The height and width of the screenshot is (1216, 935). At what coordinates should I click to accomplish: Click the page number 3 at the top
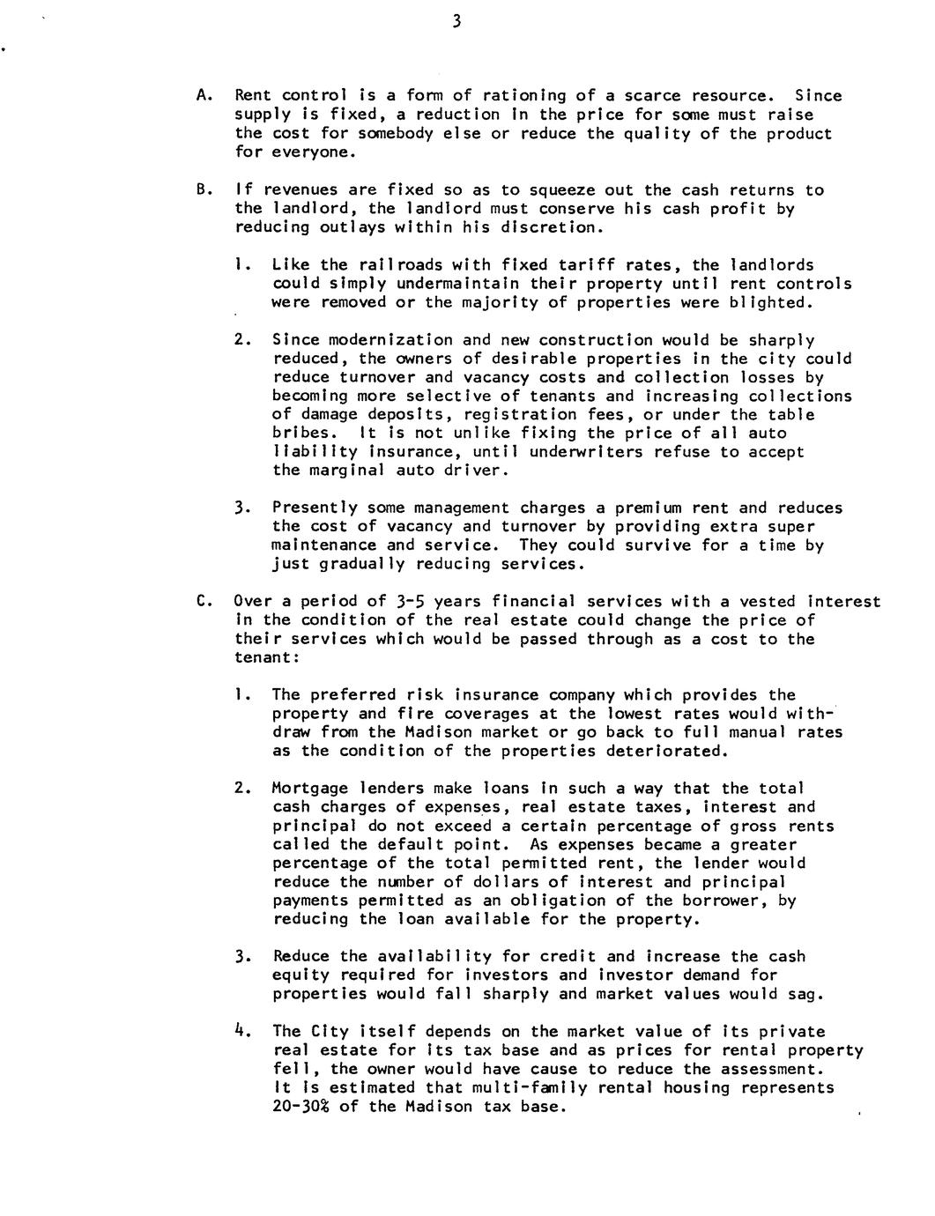[456, 22]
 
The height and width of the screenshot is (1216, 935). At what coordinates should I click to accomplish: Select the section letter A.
[202, 95]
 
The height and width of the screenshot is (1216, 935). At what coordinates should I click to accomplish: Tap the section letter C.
[202, 602]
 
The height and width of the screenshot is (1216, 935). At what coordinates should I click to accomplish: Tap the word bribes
[302, 434]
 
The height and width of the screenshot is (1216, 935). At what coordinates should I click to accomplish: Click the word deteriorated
[666, 752]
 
